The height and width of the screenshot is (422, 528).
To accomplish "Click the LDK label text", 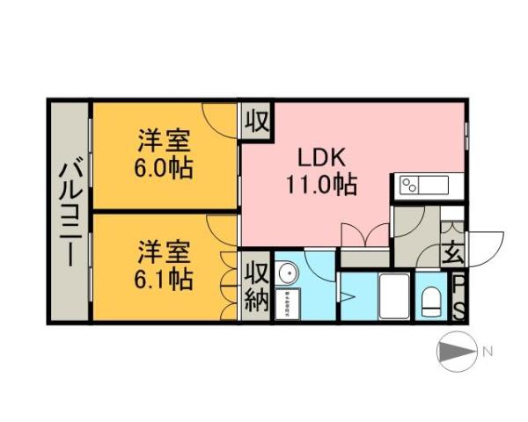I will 324,159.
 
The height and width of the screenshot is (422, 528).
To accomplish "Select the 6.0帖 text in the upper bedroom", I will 165,167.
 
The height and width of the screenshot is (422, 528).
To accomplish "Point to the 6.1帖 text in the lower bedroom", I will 165,279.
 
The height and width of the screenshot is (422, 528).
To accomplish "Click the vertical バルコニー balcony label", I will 70,211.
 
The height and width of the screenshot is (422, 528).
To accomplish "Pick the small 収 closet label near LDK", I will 256,119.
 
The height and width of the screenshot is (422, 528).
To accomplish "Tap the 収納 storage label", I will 256,287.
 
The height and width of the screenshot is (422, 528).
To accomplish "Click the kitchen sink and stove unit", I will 423,185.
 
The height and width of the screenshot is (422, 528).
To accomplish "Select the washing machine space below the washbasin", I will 287,304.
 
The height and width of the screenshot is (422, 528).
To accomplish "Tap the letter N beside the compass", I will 487,353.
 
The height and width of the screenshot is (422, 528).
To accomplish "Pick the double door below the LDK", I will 365,236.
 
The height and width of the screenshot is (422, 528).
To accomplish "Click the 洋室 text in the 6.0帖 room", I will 165,141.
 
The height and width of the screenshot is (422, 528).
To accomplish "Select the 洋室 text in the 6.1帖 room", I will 165,252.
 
